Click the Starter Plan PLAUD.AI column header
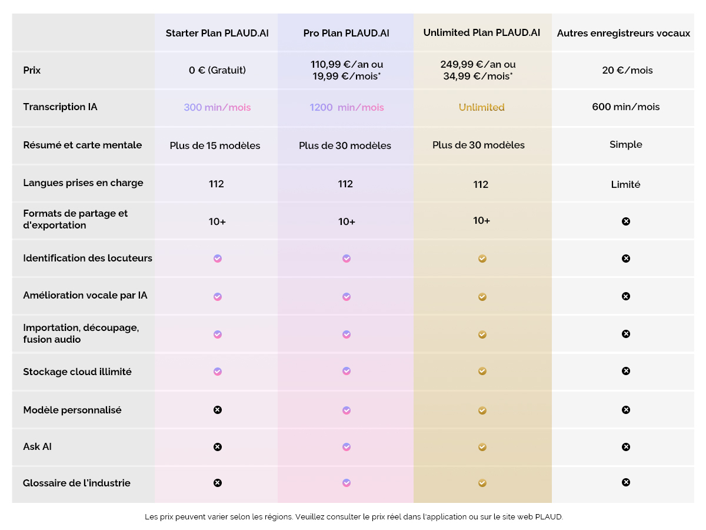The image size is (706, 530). point(217,33)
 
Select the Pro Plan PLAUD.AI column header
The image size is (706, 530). point(346,33)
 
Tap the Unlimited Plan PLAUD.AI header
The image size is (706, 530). point(481,32)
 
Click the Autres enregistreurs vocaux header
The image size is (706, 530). point(624,33)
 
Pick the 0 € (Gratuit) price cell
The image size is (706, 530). point(217,70)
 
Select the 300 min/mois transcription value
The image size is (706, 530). point(217,107)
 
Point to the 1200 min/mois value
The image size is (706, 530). point(347,107)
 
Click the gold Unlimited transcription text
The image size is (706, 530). point(481,107)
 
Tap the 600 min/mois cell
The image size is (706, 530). point(625,107)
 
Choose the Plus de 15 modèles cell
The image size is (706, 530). point(215,145)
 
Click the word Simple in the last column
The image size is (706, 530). point(625,144)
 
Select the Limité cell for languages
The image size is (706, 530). point(625,184)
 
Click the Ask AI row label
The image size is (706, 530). point(37,446)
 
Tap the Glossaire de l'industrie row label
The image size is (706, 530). point(76,483)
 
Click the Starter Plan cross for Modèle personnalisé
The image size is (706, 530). point(217,410)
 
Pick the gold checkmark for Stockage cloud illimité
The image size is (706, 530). point(482,371)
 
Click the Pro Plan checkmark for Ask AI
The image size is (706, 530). point(347,447)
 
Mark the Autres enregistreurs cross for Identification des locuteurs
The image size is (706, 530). point(626,259)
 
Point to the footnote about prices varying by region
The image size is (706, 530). point(354,516)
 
